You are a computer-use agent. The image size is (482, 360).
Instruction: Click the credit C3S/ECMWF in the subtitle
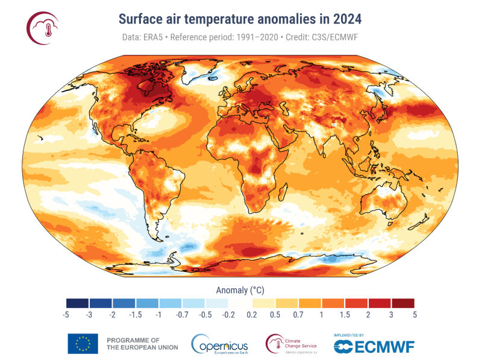336,37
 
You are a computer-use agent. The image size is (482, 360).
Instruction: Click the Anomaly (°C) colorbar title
240,288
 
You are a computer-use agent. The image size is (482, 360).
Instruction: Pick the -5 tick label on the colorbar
66,314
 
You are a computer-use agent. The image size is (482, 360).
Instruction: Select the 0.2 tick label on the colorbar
251,314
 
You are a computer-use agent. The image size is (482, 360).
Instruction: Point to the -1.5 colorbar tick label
136,314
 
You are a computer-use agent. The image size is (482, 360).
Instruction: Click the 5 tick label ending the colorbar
415,314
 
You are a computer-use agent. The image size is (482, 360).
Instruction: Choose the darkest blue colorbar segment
78,303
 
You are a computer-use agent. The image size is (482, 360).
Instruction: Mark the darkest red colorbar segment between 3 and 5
402,303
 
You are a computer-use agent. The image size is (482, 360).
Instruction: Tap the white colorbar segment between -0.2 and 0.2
240,303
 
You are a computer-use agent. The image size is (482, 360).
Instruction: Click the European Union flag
83,343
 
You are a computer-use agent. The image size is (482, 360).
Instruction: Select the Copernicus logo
219,344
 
